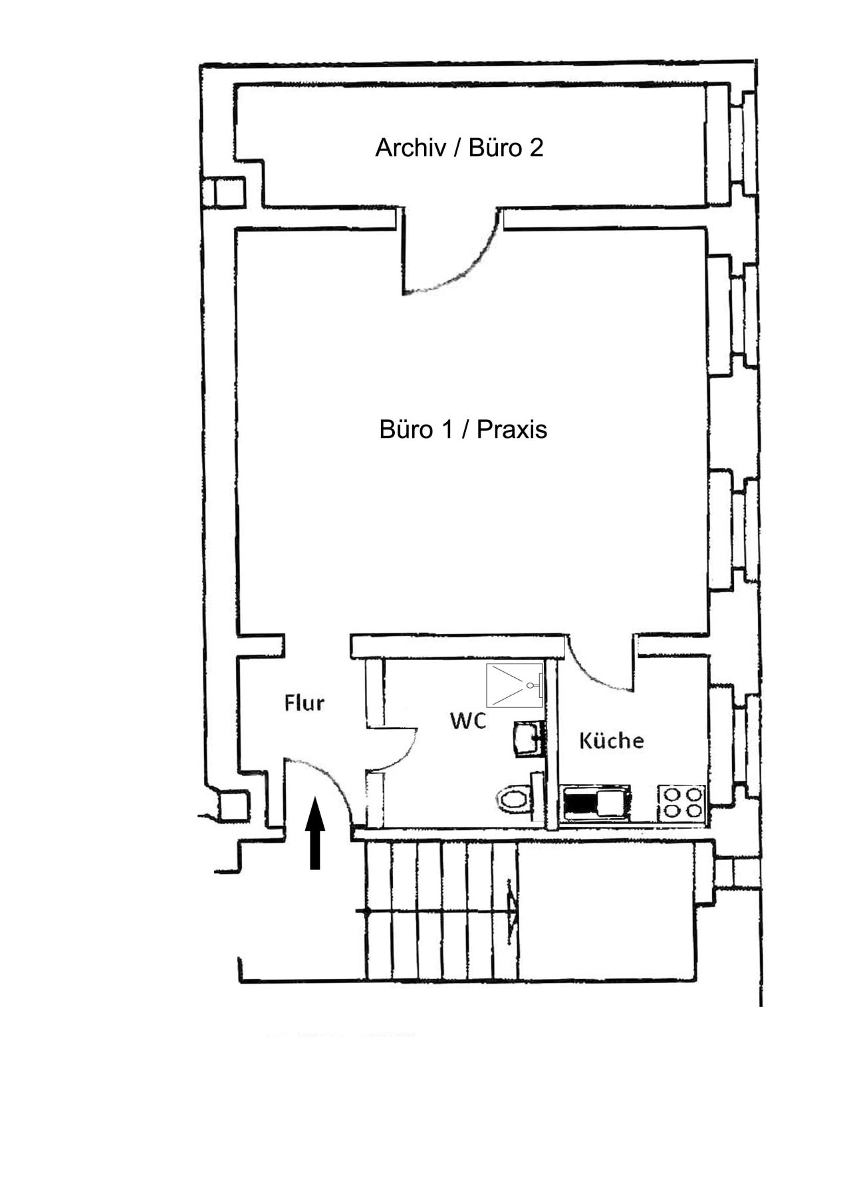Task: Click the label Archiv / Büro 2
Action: click(x=459, y=148)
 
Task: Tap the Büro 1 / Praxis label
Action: click(x=463, y=429)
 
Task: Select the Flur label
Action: click(x=304, y=703)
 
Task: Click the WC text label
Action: click(x=468, y=720)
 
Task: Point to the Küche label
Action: click(x=611, y=740)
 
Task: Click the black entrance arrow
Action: click(x=315, y=835)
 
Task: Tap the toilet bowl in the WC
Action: click(x=513, y=798)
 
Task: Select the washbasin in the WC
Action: click(x=528, y=739)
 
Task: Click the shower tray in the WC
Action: click(x=515, y=685)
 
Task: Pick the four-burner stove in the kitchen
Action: click(x=681, y=802)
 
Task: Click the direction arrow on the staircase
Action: click(x=513, y=911)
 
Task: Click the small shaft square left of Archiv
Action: click(x=224, y=193)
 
